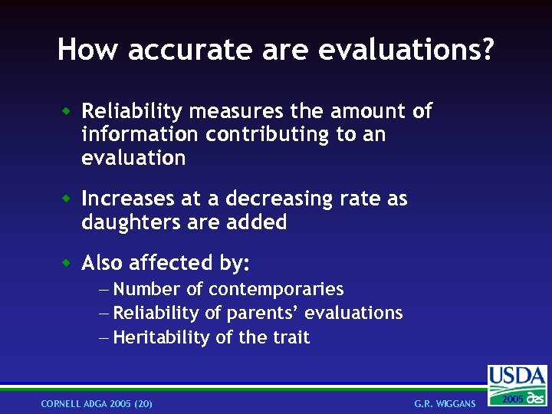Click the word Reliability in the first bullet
pos(132,112)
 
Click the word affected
pos(165,264)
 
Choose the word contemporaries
pos(276,290)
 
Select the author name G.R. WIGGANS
pos(445,403)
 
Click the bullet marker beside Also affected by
pos(67,262)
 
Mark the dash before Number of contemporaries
pos(104,290)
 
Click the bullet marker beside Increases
pos(67,198)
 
